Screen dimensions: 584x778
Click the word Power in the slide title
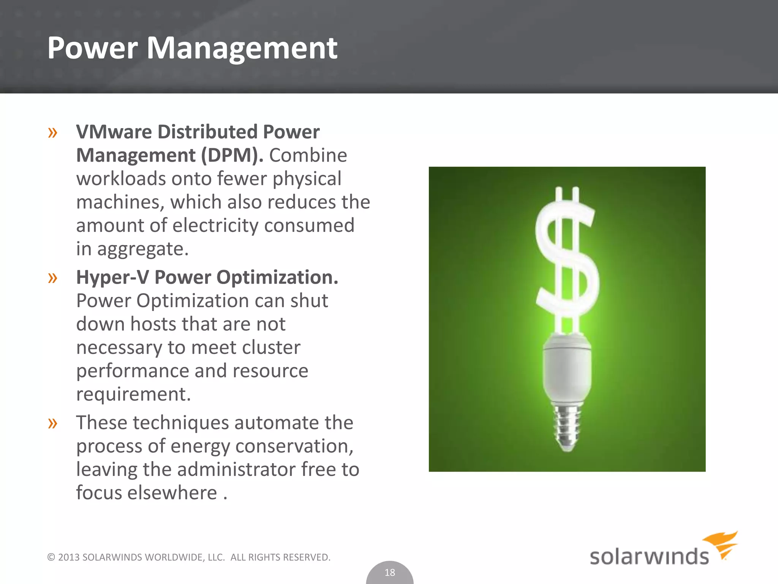tap(92, 48)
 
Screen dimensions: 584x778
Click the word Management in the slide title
tap(242, 48)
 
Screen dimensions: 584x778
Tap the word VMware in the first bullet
tap(114, 132)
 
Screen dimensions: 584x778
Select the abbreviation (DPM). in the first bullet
tap(232, 156)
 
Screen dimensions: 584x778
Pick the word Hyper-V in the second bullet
tap(112, 277)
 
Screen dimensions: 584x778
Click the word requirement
tap(133, 394)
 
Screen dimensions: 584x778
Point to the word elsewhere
tap(172, 493)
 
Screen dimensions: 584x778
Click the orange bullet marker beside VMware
tap(52, 133)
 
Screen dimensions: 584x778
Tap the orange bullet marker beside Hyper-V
tap(52, 278)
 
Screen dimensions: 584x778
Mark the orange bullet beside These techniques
tap(52, 423)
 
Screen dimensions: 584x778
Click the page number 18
tap(390, 573)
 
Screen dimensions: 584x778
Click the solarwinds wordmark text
tap(649, 557)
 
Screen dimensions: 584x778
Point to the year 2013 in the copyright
tap(69, 557)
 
